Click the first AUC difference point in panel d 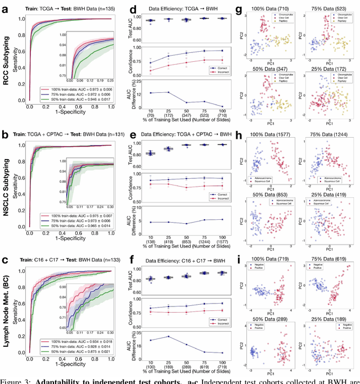click(x=151, y=93)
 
